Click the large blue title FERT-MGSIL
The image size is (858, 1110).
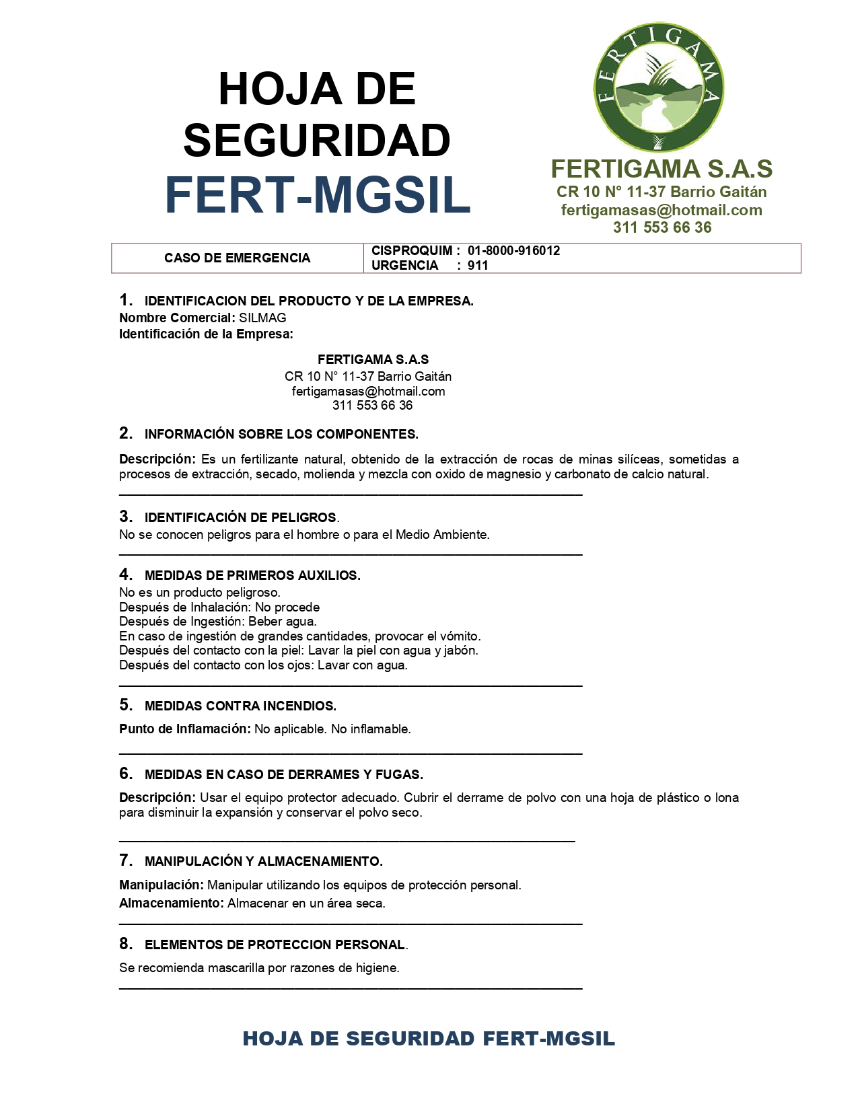(318, 195)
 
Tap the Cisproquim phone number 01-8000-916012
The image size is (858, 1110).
(513, 250)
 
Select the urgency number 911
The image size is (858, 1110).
(478, 265)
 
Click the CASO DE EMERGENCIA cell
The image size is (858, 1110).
(237, 258)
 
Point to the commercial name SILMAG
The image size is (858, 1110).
(262, 318)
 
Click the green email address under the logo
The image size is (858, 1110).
(662, 210)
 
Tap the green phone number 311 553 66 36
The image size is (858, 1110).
(662, 227)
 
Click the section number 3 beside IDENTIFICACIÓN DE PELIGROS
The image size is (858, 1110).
(125, 516)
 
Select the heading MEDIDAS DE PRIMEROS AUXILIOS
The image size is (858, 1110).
(252, 575)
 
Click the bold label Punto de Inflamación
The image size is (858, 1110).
(184, 729)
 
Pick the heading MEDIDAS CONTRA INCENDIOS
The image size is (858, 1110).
(240, 706)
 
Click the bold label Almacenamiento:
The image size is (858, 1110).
(171, 903)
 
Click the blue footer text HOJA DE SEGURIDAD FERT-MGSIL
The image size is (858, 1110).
(429, 1038)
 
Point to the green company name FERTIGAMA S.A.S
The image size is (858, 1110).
(662, 169)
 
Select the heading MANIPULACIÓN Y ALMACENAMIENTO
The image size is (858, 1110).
(263, 861)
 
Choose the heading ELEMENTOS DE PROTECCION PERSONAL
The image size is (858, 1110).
(275, 945)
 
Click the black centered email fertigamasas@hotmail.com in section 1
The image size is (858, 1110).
(368, 391)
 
